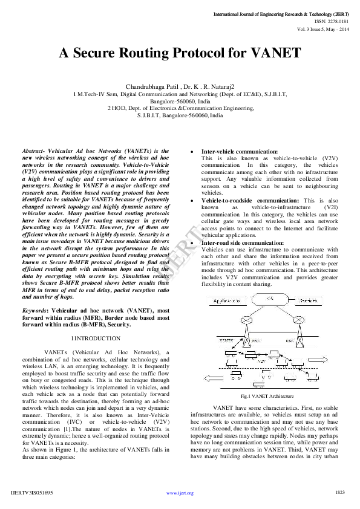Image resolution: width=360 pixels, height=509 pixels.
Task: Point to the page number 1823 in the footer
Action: [339, 493]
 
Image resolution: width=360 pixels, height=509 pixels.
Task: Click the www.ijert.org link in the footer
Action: [180, 493]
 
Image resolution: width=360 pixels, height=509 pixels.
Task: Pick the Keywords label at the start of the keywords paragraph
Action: [36, 310]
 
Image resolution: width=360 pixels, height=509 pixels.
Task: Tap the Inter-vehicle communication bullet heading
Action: [240, 151]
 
